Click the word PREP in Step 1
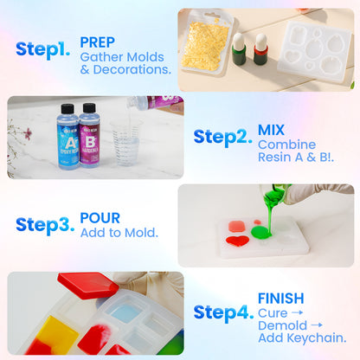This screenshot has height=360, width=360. (97, 42)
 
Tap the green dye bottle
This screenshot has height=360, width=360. (239, 49)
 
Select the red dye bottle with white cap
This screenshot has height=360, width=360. (260, 50)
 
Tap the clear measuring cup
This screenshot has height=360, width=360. (125, 145)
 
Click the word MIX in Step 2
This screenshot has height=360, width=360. (270, 130)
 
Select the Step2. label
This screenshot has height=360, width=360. (223, 138)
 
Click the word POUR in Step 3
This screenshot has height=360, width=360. (100, 218)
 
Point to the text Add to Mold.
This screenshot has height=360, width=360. (119, 232)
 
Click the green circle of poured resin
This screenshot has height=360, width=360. (260, 232)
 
